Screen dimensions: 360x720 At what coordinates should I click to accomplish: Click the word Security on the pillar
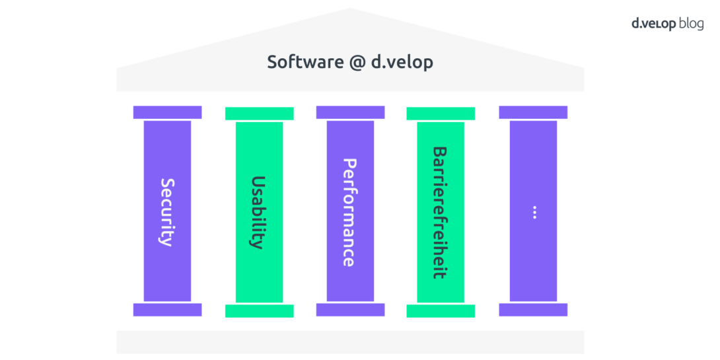(x=167, y=211)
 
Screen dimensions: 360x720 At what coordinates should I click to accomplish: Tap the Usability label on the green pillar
(x=259, y=211)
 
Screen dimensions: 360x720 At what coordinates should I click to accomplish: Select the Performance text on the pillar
(x=350, y=211)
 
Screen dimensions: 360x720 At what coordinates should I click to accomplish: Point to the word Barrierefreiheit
(x=441, y=211)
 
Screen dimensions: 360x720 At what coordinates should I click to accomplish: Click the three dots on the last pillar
(x=533, y=211)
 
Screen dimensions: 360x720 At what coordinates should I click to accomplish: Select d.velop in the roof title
(x=402, y=62)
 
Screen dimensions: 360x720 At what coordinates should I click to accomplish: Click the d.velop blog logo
(x=667, y=24)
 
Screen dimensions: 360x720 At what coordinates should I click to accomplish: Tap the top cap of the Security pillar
(x=167, y=112)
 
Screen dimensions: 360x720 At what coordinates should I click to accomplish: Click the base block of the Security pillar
(x=167, y=310)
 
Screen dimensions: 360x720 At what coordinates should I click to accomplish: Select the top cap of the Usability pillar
(x=259, y=114)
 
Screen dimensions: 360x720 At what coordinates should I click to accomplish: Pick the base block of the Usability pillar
(x=259, y=311)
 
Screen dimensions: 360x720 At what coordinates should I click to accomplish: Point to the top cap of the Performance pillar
(x=350, y=112)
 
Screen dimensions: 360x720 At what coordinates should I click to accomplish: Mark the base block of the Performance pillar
(x=350, y=310)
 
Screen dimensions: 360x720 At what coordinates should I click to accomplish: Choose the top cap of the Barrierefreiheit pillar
(x=441, y=114)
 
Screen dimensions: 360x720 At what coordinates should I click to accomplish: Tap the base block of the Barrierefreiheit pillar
(x=441, y=311)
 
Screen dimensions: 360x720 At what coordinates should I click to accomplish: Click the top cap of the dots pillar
(x=533, y=112)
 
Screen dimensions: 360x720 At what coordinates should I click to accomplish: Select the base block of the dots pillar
(x=533, y=310)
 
